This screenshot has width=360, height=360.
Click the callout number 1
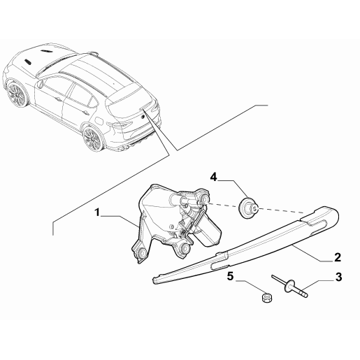(97, 213)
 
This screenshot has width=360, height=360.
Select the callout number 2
(338, 257)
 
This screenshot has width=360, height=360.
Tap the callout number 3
(338, 277)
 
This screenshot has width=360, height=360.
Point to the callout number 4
(213, 178)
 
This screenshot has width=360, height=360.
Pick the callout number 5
(230, 276)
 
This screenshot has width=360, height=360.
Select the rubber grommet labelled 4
(248, 208)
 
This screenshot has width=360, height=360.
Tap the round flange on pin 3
(289, 286)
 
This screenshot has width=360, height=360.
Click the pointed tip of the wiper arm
(155, 280)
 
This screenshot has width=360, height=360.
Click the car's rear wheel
(92, 138)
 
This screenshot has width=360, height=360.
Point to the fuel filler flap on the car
(99, 120)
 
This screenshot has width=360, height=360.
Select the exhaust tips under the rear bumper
(125, 148)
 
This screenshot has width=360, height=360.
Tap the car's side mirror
(41, 83)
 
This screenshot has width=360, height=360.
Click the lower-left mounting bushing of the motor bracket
(141, 252)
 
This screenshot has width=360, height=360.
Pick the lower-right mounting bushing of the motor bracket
(185, 248)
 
